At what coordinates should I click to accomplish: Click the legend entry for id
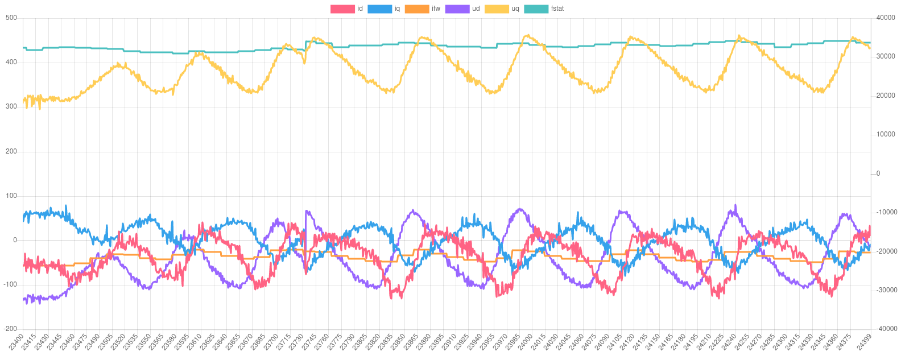[x=347, y=9]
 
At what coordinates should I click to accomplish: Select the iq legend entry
[x=384, y=9]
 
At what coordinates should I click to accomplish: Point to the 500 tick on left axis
[x=11, y=18]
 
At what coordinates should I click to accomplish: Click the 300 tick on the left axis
[x=11, y=106]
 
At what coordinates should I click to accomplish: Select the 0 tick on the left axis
[x=15, y=240]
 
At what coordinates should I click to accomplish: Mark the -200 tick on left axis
[x=10, y=329]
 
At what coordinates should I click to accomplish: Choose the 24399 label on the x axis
[x=864, y=343]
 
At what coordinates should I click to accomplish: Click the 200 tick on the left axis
[x=11, y=151]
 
